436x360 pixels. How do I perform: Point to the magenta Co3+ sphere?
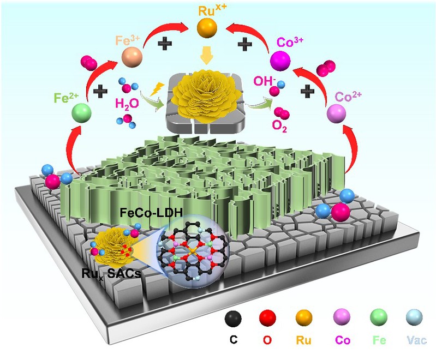(x=281, y=58)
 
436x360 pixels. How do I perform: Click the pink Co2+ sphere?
(x=336, y=113)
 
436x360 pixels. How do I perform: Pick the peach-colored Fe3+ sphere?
(x=132, y=58)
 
